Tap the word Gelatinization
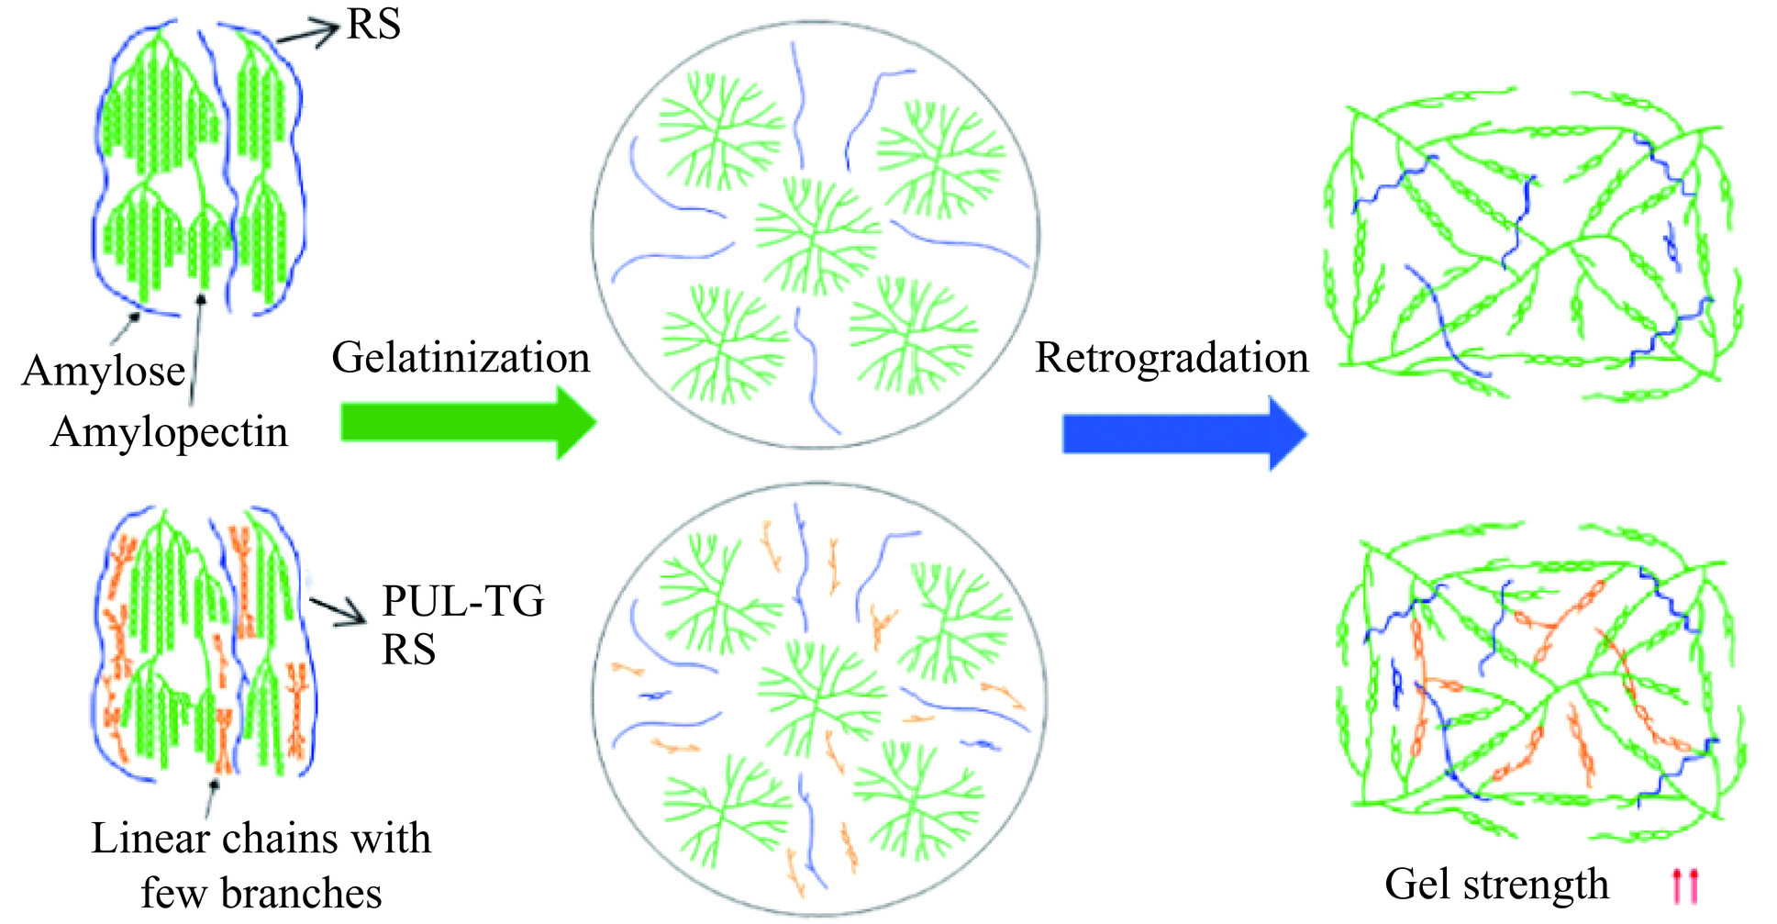point(461,358)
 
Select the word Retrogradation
point(1172,358)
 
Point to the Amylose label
point(103,372)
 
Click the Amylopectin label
point(169,432)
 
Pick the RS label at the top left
point(373,25)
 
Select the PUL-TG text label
point(463,602)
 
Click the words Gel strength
point(1496,885)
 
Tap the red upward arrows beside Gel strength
point(1685,886)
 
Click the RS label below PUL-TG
point(408,650)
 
